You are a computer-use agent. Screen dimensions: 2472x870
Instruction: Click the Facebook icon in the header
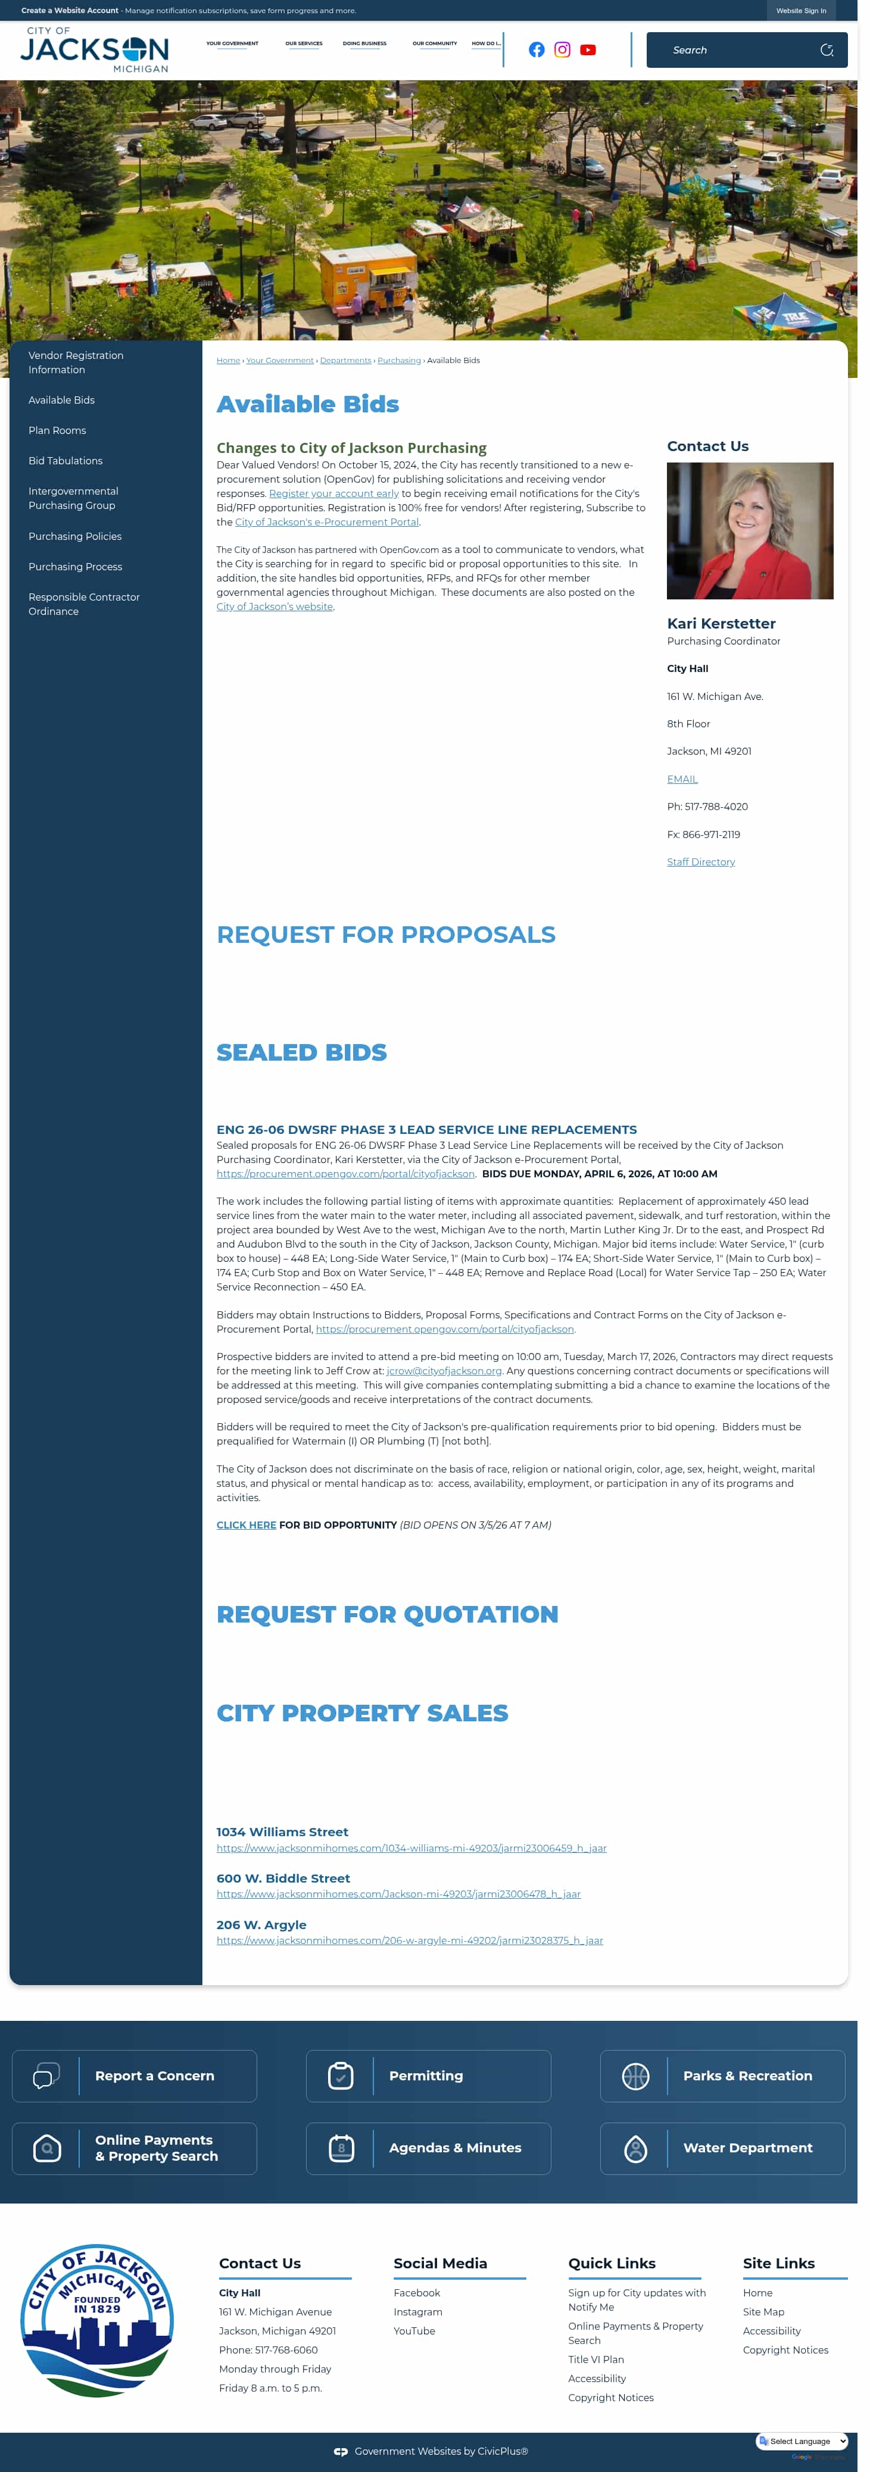coord(536,50)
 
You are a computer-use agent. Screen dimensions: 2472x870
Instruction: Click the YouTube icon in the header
coord(588,50)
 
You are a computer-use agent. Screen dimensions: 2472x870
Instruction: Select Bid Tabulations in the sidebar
coord(66,461)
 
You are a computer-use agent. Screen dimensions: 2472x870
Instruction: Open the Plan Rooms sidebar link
coord(57,430)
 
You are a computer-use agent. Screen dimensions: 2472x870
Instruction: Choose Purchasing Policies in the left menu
coord(75,536)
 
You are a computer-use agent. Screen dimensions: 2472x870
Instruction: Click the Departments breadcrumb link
coord(345,361)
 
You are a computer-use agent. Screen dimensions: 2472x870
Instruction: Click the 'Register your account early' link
coord(333,493)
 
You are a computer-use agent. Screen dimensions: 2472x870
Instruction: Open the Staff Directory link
coord(700,862)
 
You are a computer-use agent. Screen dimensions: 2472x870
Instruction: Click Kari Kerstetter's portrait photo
coord(749,531)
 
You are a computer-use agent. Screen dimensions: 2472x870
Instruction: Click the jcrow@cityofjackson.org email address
coord(444,1370)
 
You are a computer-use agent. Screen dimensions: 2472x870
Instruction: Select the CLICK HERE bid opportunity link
coord(246,1525)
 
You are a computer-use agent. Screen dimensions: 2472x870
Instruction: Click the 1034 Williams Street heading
coord(282,1832)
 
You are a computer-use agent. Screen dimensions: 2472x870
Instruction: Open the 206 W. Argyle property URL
coord(409,1940)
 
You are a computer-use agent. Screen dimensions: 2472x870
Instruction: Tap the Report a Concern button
coord(135,2076)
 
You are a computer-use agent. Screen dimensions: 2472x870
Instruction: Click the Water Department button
coord(722,2148)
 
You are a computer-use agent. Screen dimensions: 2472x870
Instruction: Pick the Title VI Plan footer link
coord(595,2359)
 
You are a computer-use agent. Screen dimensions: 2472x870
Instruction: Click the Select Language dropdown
coord(802,2440)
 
